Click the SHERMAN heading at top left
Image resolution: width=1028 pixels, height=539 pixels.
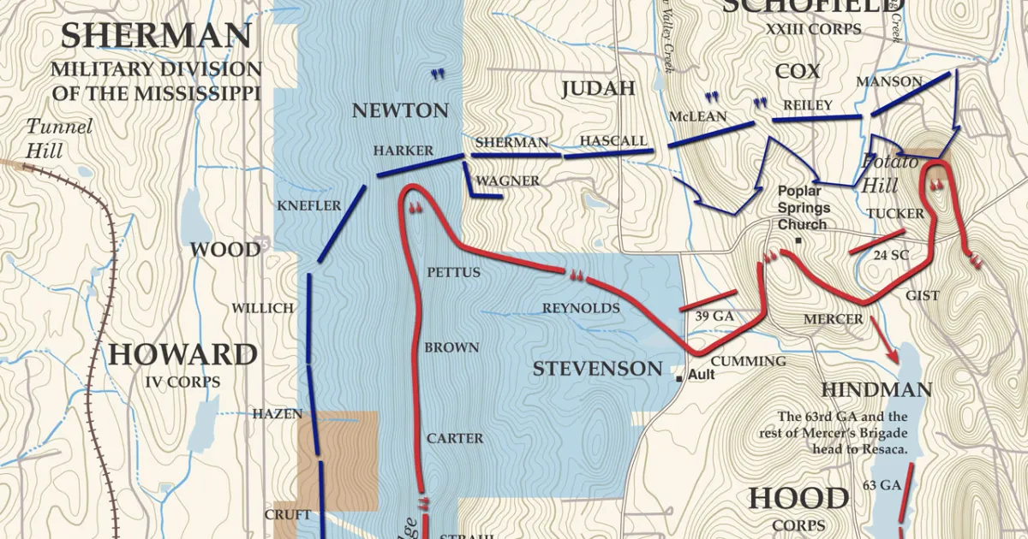coord(156,36)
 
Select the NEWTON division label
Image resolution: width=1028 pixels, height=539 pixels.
coord(400,110)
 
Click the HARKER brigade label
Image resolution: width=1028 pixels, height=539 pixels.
coord(403,151)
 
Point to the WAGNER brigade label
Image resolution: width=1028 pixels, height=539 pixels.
coord(508,181)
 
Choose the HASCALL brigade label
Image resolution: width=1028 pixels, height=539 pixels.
coord(613,140)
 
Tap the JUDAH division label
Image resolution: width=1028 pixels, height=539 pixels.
coord(598,88)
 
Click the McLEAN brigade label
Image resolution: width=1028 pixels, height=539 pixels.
coord(697,116)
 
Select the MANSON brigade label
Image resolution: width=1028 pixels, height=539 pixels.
coord(889,82)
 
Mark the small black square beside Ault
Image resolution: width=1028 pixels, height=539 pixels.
coord(678,376)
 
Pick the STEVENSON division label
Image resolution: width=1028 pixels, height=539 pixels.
coord(597,370)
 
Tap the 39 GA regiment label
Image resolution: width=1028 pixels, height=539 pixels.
coord(714,316)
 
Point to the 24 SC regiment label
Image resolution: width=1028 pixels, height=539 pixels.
coord(892,255)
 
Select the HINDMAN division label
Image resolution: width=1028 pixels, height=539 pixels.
coord(876,390)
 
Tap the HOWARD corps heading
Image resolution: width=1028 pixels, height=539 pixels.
coord(182,354)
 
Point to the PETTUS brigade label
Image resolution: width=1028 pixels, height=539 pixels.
coord(453,273)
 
